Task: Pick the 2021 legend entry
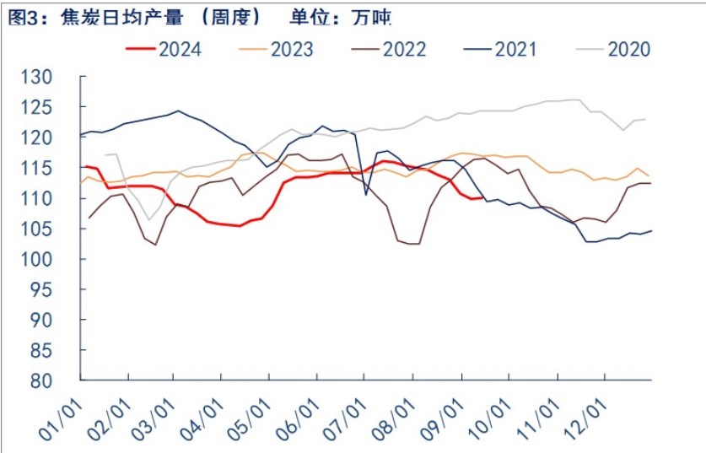click(x=516, y=49)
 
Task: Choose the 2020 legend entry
click(x=628, y=49)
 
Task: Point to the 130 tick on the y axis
click(x=60, y=78)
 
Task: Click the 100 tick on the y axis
click(x=60, y=260)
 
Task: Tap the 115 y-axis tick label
click(x=60, y=169)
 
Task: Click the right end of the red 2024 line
click(x=482, y=197)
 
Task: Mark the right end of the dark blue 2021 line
click(x=651, y=230)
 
